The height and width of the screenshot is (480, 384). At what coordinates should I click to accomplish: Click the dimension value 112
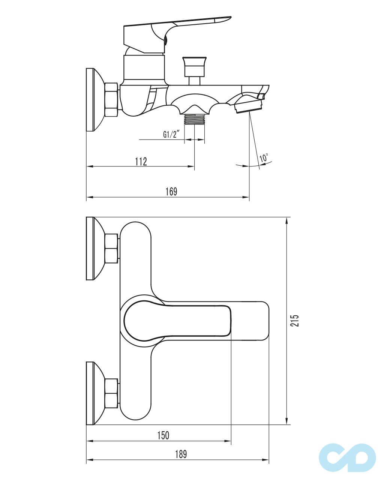coord(141,162)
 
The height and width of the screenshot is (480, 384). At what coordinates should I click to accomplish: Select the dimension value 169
coord(171,192)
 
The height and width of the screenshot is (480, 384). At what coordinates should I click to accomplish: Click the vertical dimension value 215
coord(296,321)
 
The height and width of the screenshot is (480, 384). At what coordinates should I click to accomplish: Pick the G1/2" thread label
coord(171,135)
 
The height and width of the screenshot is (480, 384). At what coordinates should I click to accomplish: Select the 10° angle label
coord(264,158)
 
